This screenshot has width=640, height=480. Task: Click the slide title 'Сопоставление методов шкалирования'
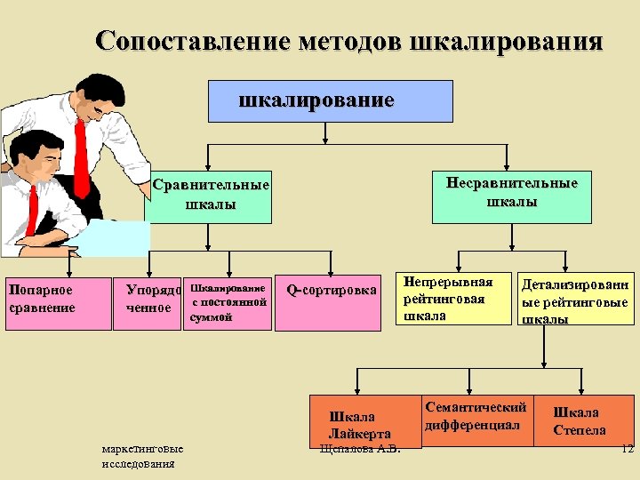tap(348, 42)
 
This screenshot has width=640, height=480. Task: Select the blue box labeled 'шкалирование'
tap(317, 100)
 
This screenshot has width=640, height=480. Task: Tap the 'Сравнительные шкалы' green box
tap(210, 195)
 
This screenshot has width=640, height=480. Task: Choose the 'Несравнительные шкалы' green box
tap(511, 192)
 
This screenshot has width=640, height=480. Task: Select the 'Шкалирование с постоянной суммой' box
tap(228, 303)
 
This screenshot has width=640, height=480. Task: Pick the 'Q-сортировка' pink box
tap(332, 303)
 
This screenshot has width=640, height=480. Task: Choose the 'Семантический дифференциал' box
tap(476, 416)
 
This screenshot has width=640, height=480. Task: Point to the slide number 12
tap(627, 449)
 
